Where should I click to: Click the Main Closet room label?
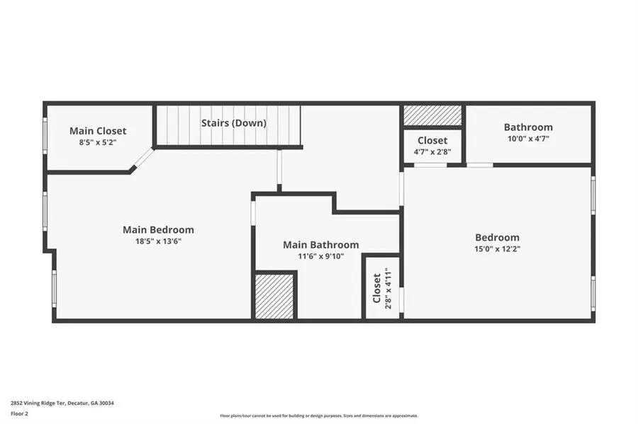98,131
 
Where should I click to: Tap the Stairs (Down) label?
233,123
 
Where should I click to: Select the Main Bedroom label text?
158,230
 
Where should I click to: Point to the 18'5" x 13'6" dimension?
158,241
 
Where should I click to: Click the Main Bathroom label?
320,245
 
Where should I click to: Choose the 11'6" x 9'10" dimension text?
320,256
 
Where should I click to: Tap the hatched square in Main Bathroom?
274,297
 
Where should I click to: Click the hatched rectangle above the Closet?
432,115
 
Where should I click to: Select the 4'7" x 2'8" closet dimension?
432,152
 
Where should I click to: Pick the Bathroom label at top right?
528,127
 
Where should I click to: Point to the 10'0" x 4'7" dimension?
528,139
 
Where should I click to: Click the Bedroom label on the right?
497,238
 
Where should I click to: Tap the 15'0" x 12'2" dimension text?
497,249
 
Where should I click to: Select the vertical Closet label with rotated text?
376,288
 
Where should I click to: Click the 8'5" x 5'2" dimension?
98,142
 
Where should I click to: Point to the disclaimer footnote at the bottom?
319,416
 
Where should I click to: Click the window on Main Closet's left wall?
45,135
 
